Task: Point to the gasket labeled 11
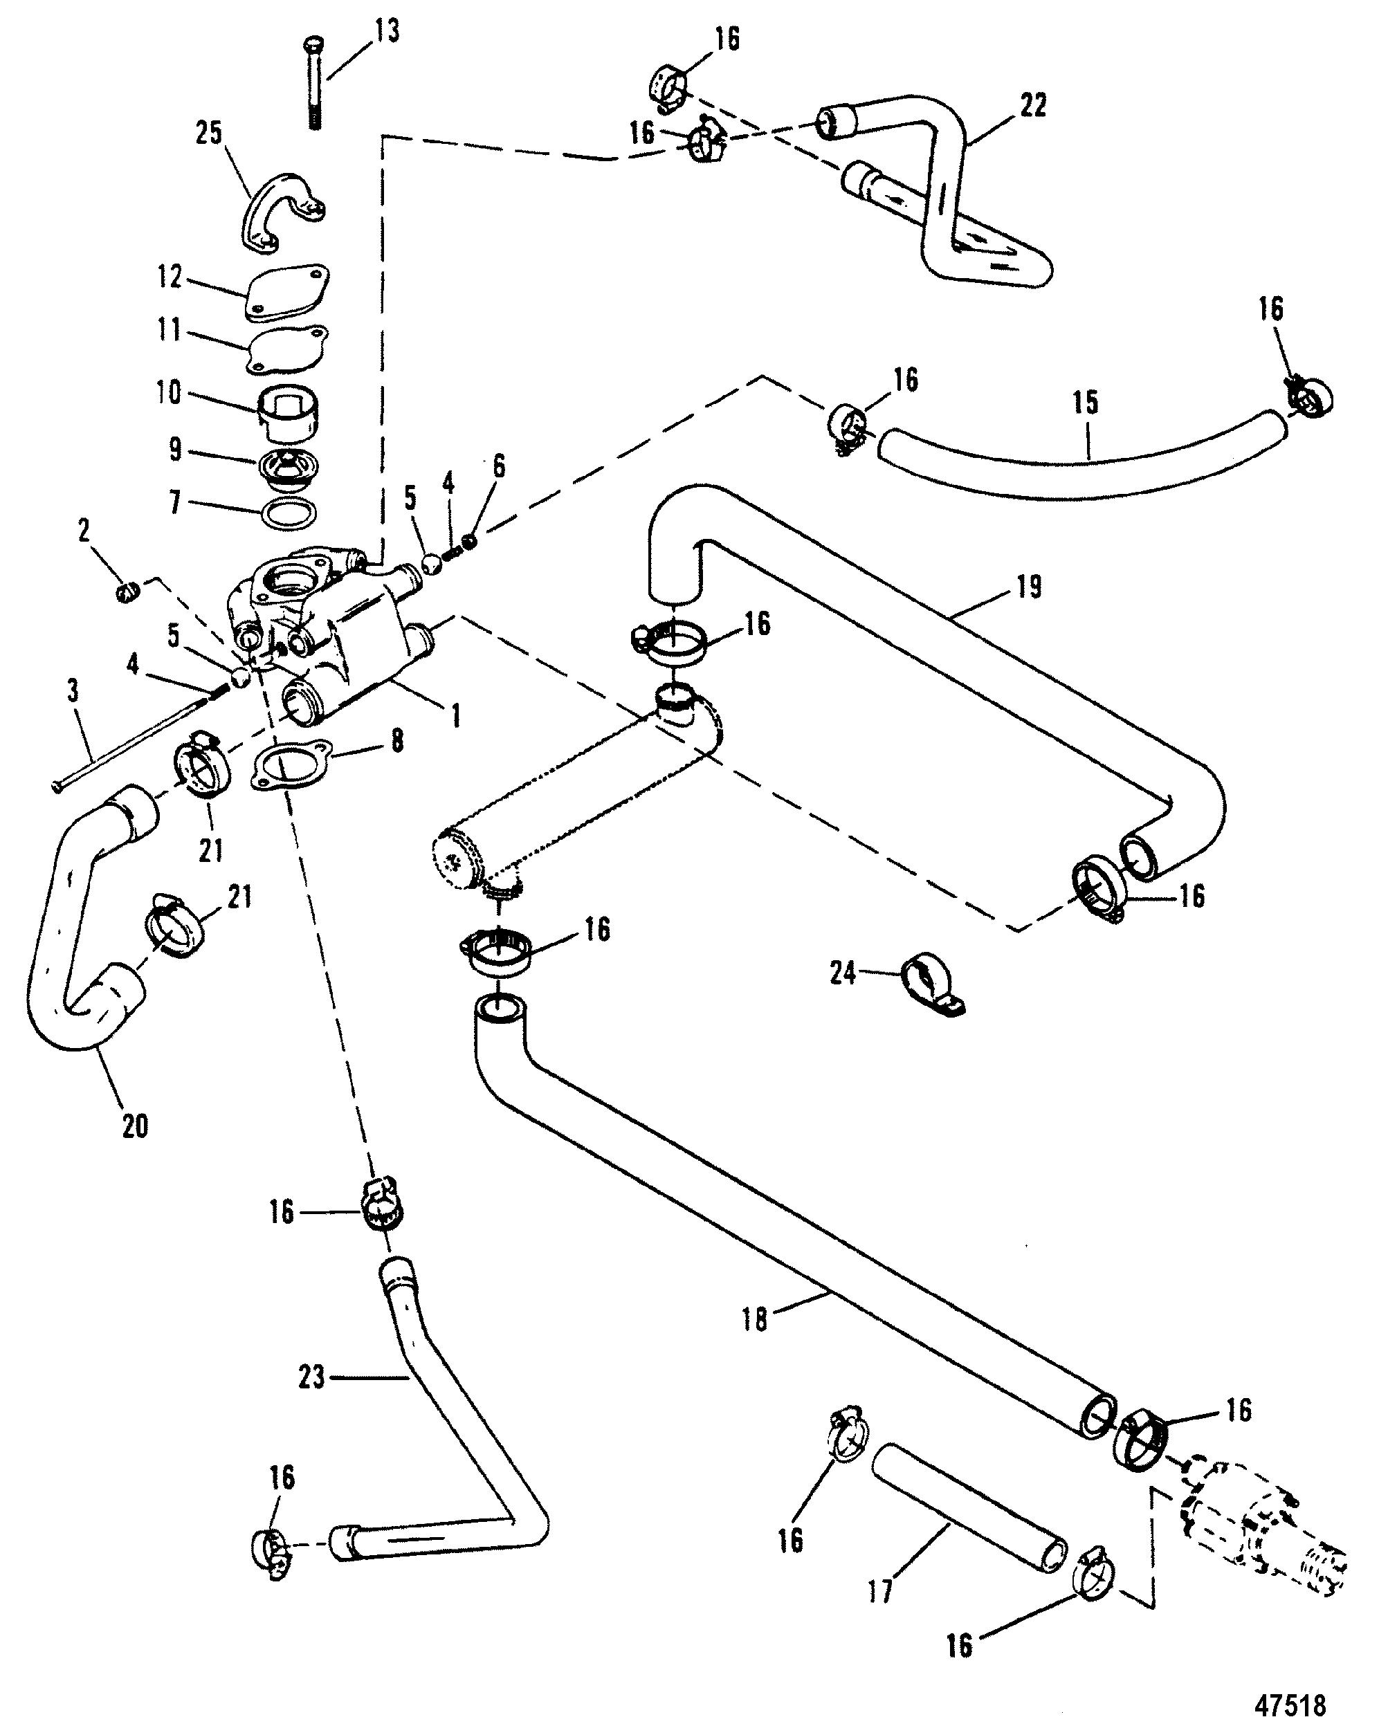(x=287, y=349)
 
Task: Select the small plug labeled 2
(x=129, y=592)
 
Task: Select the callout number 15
(x=1085, y=402)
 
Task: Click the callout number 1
(x=457, y=715)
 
